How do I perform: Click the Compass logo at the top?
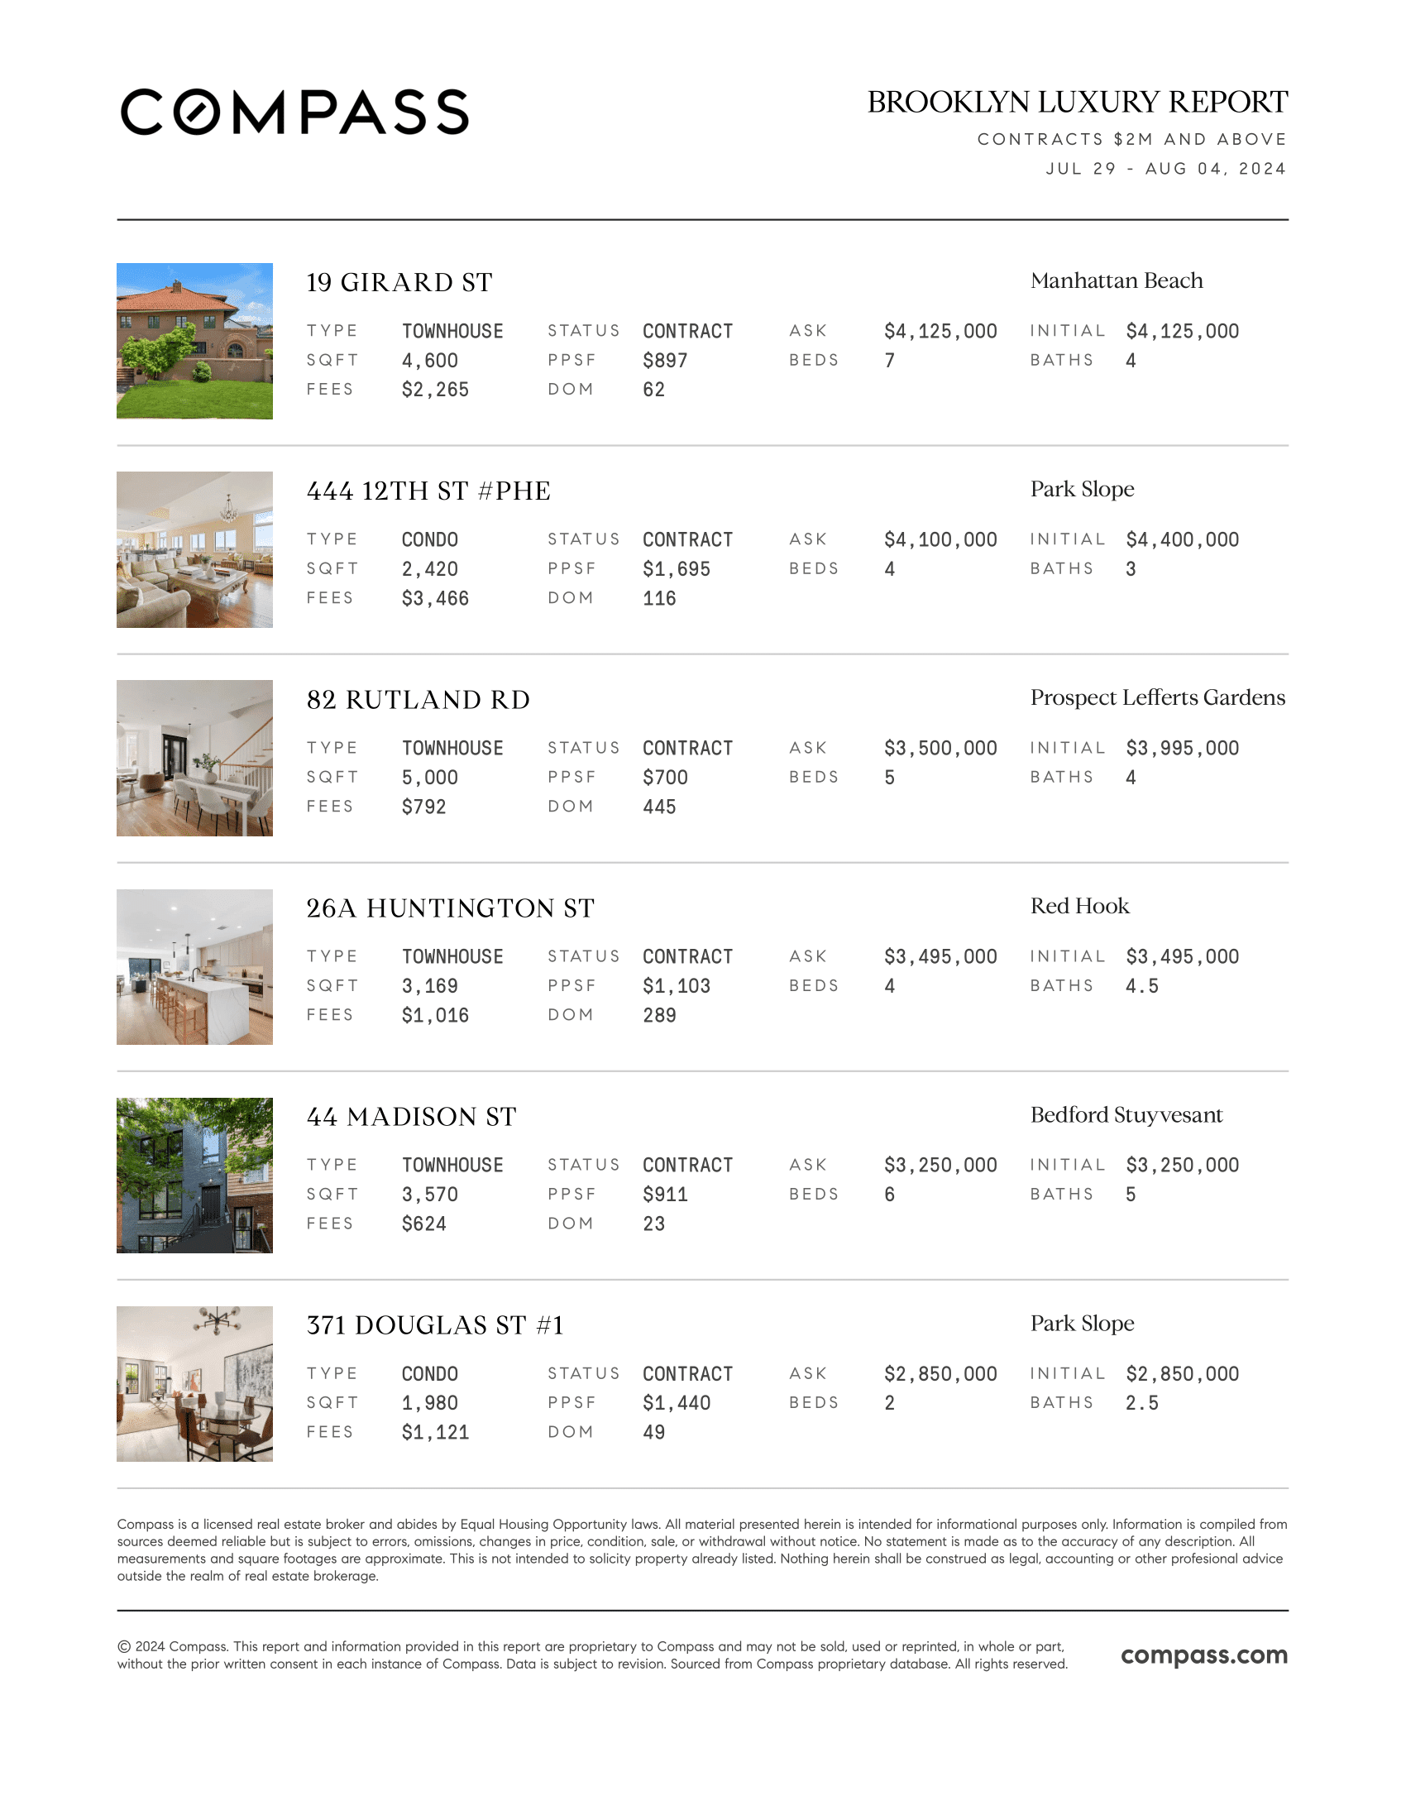pyautogui.click(x=295, y=112)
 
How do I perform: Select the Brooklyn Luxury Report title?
pyautogui.click(x=1077, y=102)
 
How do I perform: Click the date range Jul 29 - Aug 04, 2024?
pyautogui.click(x=1165, y=168)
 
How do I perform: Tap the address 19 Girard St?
pyautogui.click(x=399, y=282)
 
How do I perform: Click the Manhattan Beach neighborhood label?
pyautogui.click(x=1117, y=280)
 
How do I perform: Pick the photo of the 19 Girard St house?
pyautogui.click(x=194, y=341)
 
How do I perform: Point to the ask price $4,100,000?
pyautogui.click(x=940, y=540)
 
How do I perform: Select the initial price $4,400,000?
pyautogui.click(x=1182, y=540)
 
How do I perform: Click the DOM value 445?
pyautogui.click(x=659, y=807)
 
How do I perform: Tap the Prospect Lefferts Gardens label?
pyautogui.click(x=1157, y=697)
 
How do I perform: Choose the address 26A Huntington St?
pyautogui.click(x=450, y=908)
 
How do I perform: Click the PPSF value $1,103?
pyautogui.click(x=677, y=986)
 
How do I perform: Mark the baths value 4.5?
pyautogui.click(x=1141, y=986)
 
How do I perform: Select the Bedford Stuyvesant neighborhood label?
pyautogui.click(x=1126, y=1115)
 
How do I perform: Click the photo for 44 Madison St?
pyautogui.click(x=194, y=1175)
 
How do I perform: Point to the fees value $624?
pyautogui.click(x=424, y=1224)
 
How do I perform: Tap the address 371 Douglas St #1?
pyautogui.click(x=435, y=1325)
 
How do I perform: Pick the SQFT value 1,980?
pyautogui.click(x=430, y=1403)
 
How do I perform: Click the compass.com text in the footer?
pyautogui.click(x=1203, y=1655)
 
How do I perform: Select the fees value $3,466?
pyautogui.click(x=435, y=598)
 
